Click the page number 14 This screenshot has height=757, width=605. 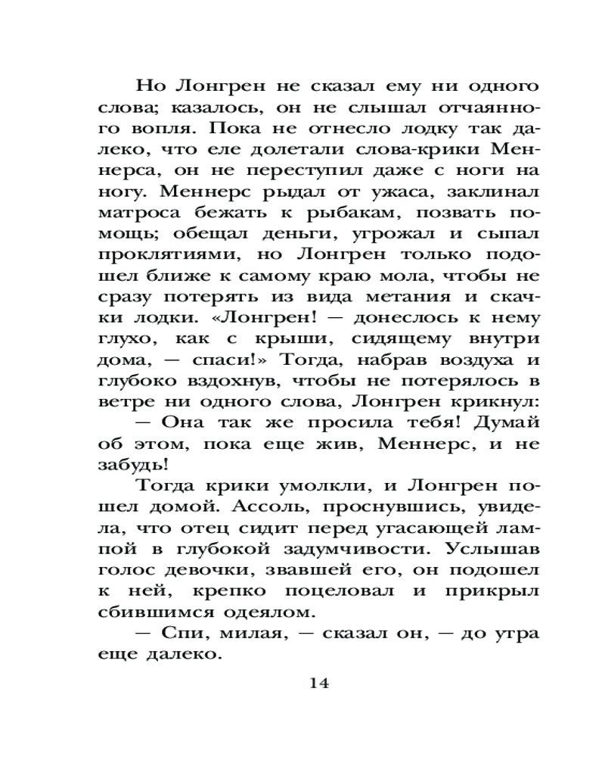[x=319, y=683]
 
